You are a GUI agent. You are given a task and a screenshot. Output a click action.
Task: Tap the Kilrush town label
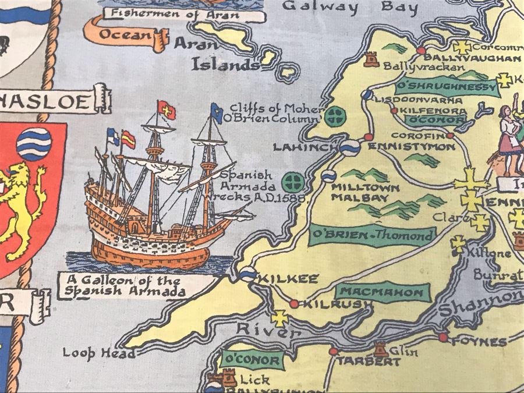coord(331,303)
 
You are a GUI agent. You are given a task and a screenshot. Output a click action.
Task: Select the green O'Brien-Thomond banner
coord(373,235)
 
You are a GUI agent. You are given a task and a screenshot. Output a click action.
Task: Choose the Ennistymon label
coord(412,147)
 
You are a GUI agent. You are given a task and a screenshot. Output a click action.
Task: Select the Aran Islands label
coord(224,55)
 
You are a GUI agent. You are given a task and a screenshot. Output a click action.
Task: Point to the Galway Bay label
coord(350,7)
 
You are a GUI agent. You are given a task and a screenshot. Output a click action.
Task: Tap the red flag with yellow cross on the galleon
coord(167,109)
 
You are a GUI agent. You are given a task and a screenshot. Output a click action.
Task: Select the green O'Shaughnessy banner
coord(447,87)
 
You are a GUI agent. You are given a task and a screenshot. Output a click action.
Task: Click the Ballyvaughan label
coord(472,58)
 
